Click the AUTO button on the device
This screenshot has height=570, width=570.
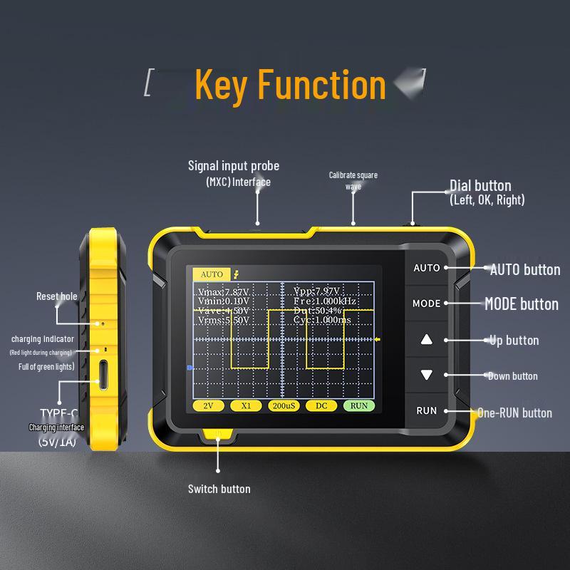[427, 269]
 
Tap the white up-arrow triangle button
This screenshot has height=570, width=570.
[427, 339]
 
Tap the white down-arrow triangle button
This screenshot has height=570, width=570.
[427, 375]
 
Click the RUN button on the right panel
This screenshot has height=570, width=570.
[427, 411]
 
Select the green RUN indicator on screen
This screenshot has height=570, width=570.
[359, 405]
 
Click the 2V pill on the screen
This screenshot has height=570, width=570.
[208, 405]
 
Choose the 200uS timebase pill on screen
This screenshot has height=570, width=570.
[283, 405]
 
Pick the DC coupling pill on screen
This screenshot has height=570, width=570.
[321, 405]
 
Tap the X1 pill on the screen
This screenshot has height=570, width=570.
[246, 405]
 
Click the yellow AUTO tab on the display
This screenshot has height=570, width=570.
[212, 274]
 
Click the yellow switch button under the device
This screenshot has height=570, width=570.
[217, 434]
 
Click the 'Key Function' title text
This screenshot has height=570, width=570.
[290, 84]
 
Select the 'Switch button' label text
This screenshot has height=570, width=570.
[219, 489]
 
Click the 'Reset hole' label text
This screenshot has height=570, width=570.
[57, 296]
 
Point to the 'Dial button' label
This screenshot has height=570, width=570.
[480, 186]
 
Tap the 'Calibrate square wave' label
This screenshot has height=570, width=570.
[353, 180]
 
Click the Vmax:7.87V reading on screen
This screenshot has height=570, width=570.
[224, 292]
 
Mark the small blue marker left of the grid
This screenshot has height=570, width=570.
[190, 368]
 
